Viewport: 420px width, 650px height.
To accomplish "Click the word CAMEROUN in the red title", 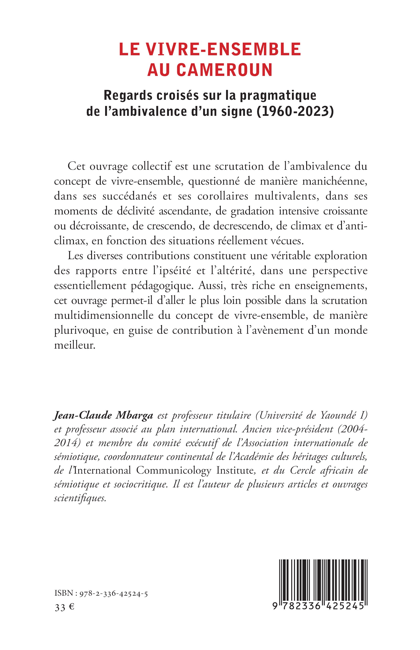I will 224,70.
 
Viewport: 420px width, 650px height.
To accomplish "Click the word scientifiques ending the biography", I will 80,498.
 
